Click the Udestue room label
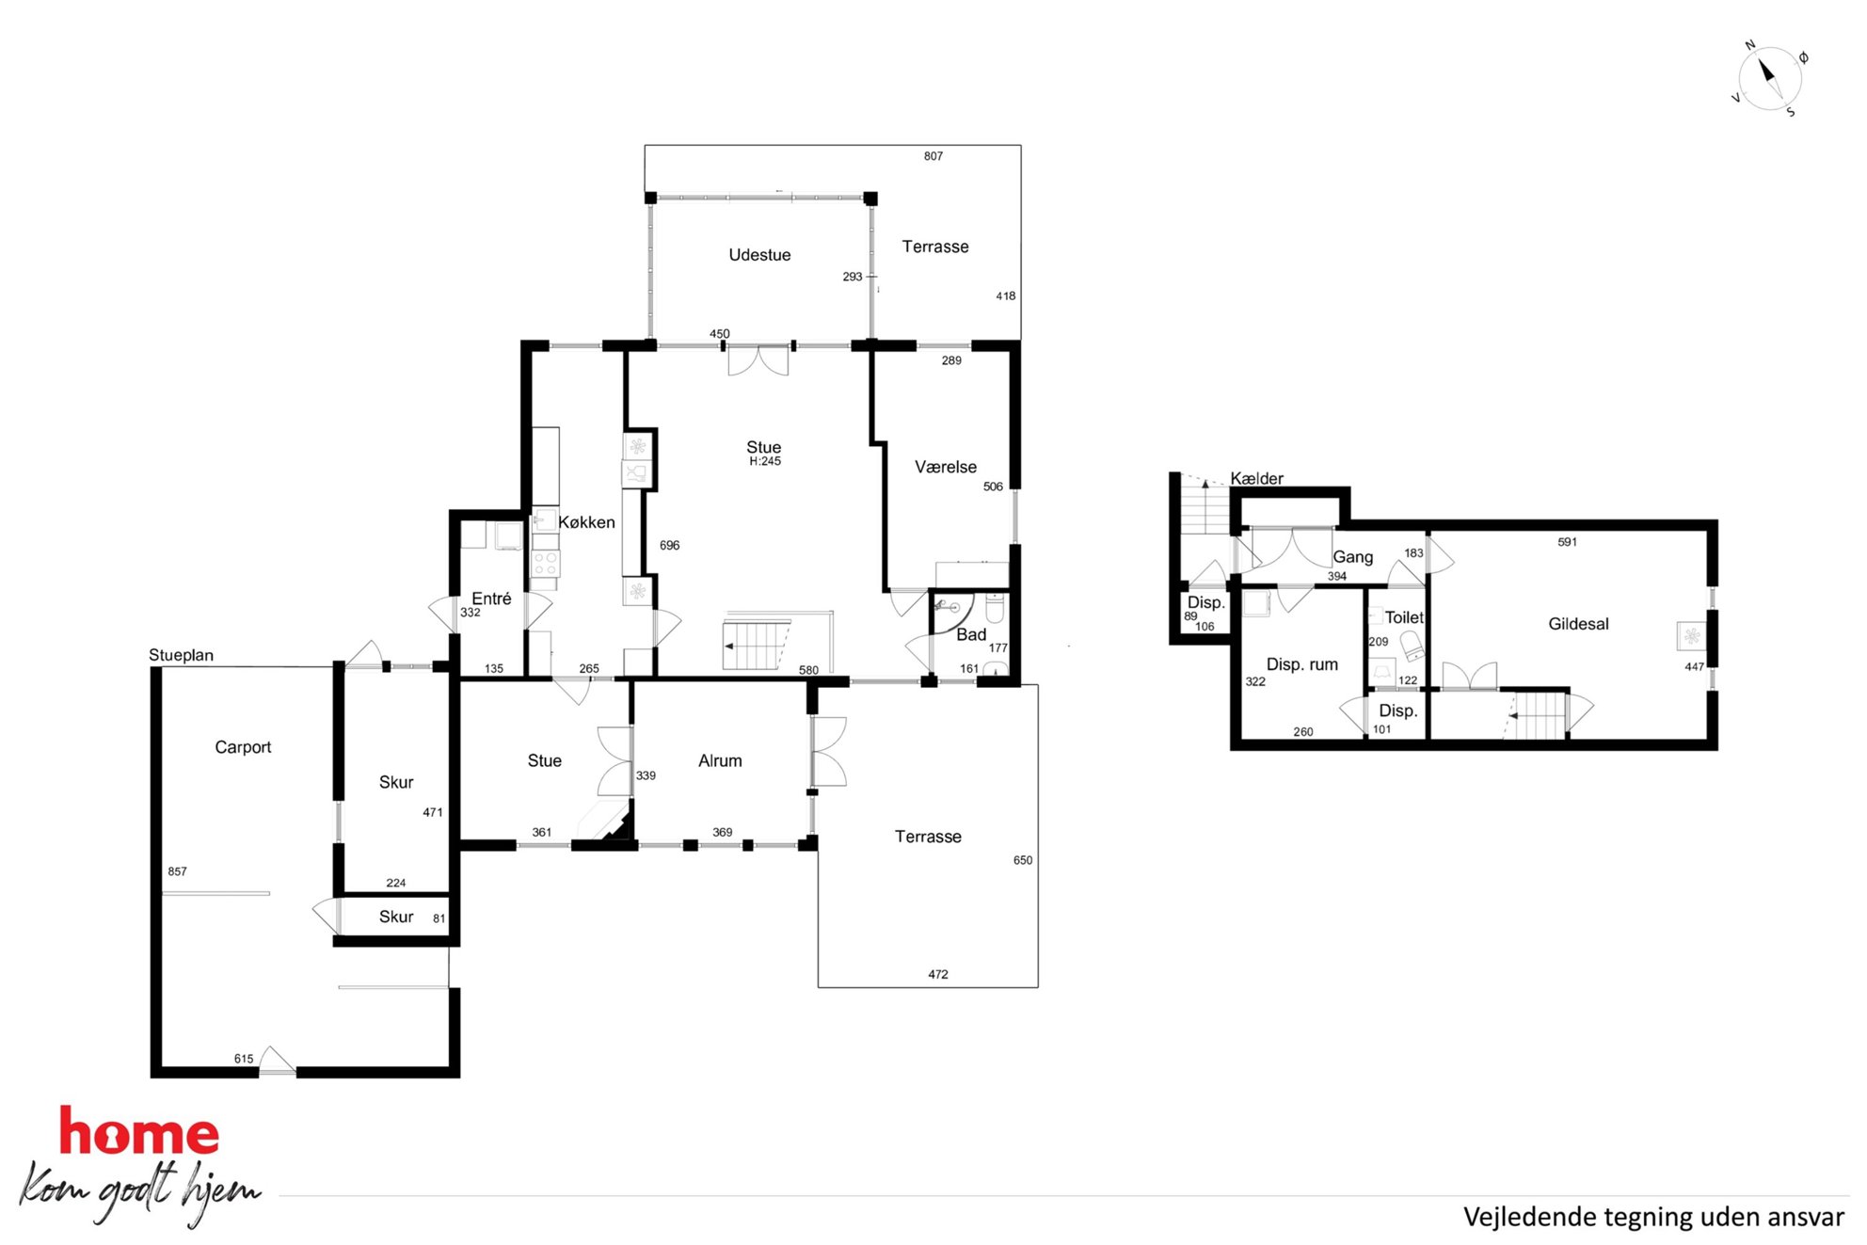(x=759, y=255)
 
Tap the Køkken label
(x=586, y=522)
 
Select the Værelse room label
(x=946, y=467)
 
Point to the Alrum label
(x=720, y=760)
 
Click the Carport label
(x=243, y=747)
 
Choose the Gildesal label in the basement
(x=1578, y=624)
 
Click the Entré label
(x=491, y=599)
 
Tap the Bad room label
(x=971, y=635)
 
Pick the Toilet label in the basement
(x=1404, y=617)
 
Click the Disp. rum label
(x=1301, y=664)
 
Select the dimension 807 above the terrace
(x=933, y=156)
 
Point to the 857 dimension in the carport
(x=177, y=871)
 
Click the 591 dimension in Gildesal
(x=1567, y=542)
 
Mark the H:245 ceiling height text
(x=765, y=461)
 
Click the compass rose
(x=1769, y=79)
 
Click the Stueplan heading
(x=181, y=655)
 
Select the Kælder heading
(x=1256, y=479)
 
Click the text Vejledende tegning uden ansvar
(x=1653, y=1217)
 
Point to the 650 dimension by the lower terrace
(x=1022, y=860)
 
